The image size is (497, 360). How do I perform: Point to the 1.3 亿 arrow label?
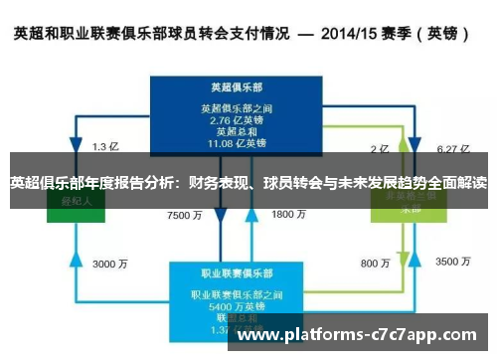[105, 148]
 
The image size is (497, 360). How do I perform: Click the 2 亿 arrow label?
[379, 149]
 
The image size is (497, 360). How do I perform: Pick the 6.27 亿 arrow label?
[451, 149]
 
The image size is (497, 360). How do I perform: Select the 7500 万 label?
[184, 215]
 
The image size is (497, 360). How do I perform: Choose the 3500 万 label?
[452, 263]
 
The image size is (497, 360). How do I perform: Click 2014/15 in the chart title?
[349, 34]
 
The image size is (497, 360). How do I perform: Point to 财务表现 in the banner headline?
[216, 183]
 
